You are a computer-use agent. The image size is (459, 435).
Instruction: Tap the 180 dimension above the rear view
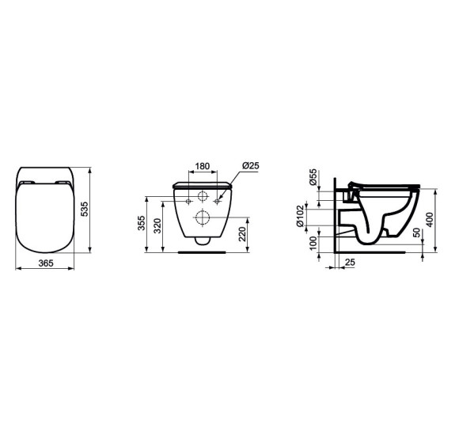click(203, 167)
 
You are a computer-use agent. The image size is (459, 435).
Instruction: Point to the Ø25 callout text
click(251, 165)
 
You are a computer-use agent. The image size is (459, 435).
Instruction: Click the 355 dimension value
click(142, 225)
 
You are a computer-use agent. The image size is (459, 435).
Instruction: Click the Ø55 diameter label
click(313, 176)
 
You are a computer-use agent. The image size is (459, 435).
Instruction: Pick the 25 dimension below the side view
click(350, 263)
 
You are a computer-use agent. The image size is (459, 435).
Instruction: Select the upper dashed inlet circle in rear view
click(203, 197)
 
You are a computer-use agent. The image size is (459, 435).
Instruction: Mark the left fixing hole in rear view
click(188, 202)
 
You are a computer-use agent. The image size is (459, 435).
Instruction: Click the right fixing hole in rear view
click(217, 202)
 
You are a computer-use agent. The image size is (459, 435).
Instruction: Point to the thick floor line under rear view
click(202, 253)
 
